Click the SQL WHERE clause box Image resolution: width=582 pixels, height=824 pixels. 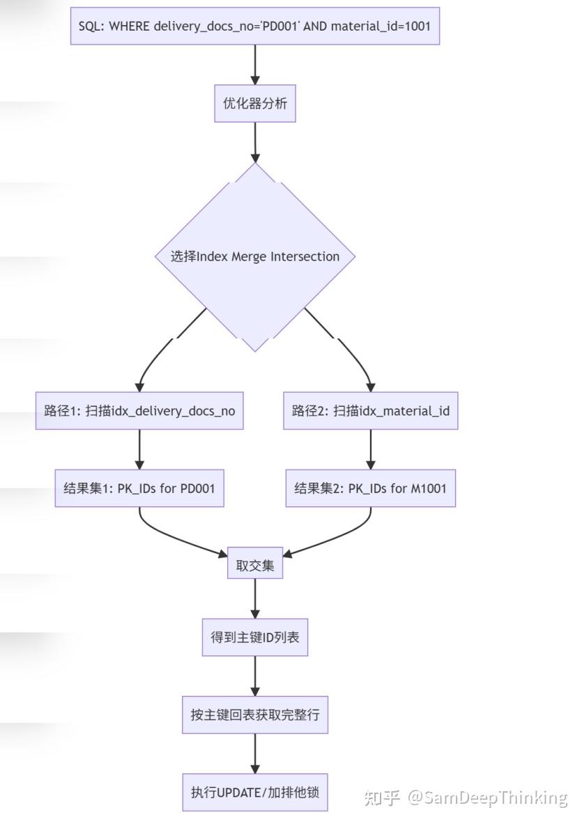pos(254,26)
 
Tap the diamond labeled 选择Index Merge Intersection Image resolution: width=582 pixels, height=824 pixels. pos(254,256)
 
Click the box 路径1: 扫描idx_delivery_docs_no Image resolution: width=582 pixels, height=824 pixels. pos(139,410)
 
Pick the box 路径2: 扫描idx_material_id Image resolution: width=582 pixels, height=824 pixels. pos(370,410)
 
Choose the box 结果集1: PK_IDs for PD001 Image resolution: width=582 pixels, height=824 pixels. pos(139,488)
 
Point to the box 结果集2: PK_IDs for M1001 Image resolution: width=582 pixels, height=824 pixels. pos(370,488)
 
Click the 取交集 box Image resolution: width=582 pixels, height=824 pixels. pos(254,565)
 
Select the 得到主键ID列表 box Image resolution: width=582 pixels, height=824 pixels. pos(254,637)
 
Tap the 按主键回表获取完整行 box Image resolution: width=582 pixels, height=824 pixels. pos(254,714)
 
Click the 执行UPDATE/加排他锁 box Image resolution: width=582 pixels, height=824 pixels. pos(254,791)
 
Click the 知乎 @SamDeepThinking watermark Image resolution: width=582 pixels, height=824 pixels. pos(466,798)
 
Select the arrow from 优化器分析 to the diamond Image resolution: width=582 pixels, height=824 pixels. pos(254,143)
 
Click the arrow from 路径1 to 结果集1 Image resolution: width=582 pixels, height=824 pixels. pos(139,449)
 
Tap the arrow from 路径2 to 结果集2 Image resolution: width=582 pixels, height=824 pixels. pos(370,449)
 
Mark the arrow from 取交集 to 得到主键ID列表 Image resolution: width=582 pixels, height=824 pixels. pos(254,599)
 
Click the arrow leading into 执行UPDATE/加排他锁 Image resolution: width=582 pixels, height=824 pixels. pos(254,753)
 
